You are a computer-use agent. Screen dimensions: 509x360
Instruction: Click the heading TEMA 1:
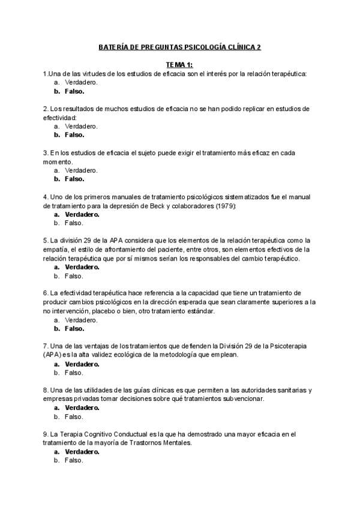click(x=180, y=64)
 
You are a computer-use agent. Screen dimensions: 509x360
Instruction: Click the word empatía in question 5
click(x=57, y=250)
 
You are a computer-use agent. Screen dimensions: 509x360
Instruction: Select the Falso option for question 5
click(x=73, y=276)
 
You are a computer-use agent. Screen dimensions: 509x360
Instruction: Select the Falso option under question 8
click(x=73, y=417)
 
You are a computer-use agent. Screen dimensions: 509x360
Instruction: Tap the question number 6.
click(x=46, y=294)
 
